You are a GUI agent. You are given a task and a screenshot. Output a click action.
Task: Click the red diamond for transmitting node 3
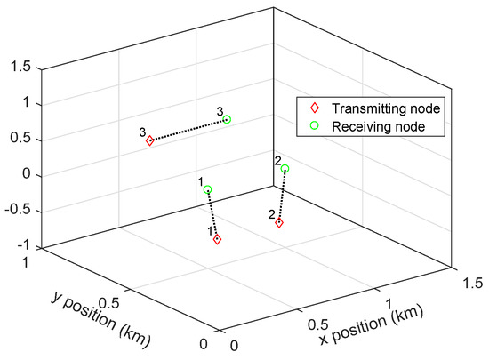pos(150,140)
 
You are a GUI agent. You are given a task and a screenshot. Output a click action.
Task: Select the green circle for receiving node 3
pos(228,119)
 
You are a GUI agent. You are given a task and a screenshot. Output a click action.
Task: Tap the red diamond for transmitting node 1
pos(217,240)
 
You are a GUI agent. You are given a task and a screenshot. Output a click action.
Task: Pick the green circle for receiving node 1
pos(208,190)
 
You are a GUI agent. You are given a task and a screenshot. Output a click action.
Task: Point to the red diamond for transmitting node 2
pos(279,223)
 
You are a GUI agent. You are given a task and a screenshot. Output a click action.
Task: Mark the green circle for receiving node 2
pos(285,169)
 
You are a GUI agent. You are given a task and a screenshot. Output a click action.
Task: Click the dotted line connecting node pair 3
pos(188,130)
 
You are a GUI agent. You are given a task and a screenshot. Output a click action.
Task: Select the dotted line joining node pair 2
pos(282,196)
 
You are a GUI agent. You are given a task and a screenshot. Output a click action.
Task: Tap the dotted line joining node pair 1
pos(212,215)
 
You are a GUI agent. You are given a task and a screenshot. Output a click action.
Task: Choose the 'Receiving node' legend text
pos(367,127)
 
